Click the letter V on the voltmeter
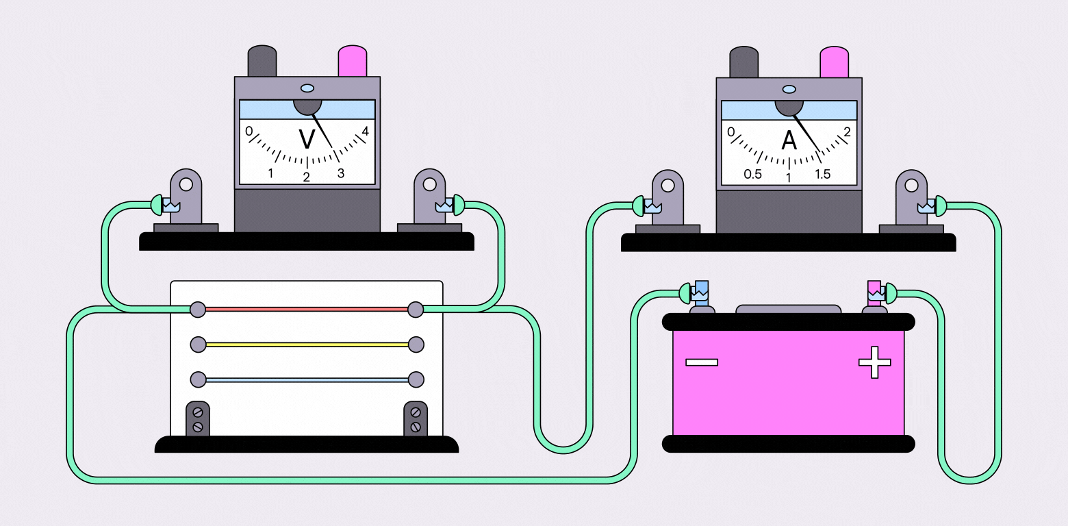click(307, 139)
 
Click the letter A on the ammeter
click(789, 140)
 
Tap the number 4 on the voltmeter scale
click(366, 131)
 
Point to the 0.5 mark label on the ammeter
click(752, 175)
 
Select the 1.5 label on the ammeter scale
click(822, 175)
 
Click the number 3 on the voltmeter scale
click(341, 173)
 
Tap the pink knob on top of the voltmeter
click(353, 61)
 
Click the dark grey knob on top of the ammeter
click(744, 62)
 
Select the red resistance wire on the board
click(307, 309)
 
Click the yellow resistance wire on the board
click(307, 344)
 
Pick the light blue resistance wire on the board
click(307, 379)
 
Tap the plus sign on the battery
click(874, 362)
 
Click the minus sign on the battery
click(702, 362)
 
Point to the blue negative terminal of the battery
click(702, 291)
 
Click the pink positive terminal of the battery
click(874, 292)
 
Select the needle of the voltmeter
click(324, 130)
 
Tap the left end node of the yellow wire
click(198, 344)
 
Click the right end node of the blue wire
click(416, 379)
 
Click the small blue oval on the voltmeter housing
click(307, 88)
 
